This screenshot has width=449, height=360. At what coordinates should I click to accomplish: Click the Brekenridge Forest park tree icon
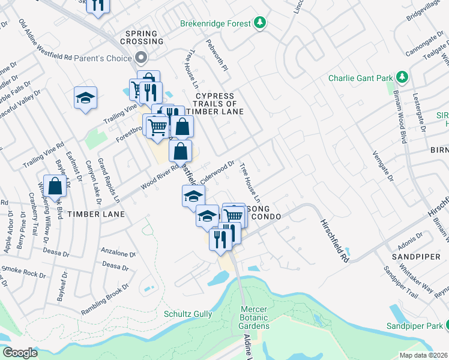coord(260,23)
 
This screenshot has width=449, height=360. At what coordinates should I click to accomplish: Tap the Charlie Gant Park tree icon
coord(402,78)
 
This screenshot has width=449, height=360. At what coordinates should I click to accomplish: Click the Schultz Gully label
coord(188,313)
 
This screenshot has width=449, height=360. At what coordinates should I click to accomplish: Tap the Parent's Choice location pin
coord(141,58)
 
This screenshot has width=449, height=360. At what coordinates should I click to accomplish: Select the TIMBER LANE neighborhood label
coord(96,214)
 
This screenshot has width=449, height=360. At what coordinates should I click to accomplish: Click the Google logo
coord(20,352)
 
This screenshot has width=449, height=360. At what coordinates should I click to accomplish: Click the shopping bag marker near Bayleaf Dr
coord(55,187)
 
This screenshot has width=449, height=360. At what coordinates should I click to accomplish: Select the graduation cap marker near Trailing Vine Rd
coord(85,98)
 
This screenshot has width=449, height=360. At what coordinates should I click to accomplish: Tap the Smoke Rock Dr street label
coord(24,271)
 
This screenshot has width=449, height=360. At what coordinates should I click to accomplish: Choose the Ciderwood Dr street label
coord(217,171)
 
